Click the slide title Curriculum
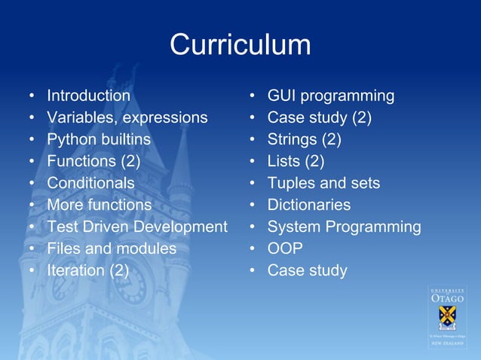(240, 44)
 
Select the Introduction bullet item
(88, 96)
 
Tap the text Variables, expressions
(127, 117)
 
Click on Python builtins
(99, 139)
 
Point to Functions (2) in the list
(93, 161)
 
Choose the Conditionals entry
(90, 183)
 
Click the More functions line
(99, 205)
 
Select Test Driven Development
(136, 227)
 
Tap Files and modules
(112, 249)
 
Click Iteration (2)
(87, 270)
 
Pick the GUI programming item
(330, 96)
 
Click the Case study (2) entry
(319, 117)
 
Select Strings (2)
(304, 139)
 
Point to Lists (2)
(296, 161)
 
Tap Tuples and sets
(323, 183)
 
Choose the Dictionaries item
(308, 205)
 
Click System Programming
(344, 227)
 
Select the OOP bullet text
(285, 249)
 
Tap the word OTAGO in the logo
(447, 299)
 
